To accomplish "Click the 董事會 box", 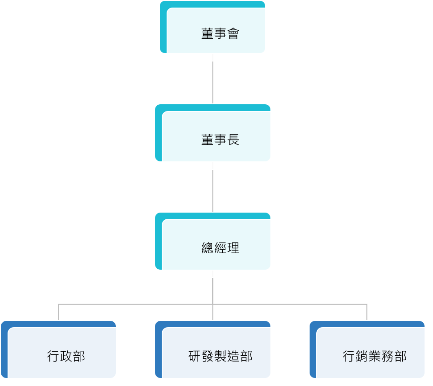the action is click(x=212, y=27).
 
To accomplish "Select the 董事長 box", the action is click(x=212, y=133).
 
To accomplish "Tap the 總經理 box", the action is click(x=212, y=241).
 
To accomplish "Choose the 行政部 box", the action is click(x=58, y=349).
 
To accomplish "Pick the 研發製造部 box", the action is click(x=212, y=349).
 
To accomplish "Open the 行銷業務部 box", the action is click(x=367, y=349).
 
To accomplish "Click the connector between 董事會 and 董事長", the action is click(x=212, y=79).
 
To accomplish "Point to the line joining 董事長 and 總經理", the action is click(x=212, y=187).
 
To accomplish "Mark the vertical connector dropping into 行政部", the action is click(x=58, y=312).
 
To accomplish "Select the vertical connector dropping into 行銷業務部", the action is click(x=367, y=312).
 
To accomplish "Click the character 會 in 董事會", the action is click(x=233, y=33).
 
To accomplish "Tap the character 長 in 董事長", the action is click(x=233, y=140).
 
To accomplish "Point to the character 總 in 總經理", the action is click(x=207, y=248).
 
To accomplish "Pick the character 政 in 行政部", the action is click(x=66, y=356).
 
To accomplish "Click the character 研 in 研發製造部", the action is click(x=194, y=356).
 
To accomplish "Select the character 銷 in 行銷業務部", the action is click(x=361, y=356).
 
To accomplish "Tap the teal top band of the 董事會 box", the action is click(x=212, y=4).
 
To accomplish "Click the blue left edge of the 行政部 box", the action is click(x=4, y=349).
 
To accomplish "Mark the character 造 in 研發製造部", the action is click(x=233, y=356).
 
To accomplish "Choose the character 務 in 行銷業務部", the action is click(x=388, y=356).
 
